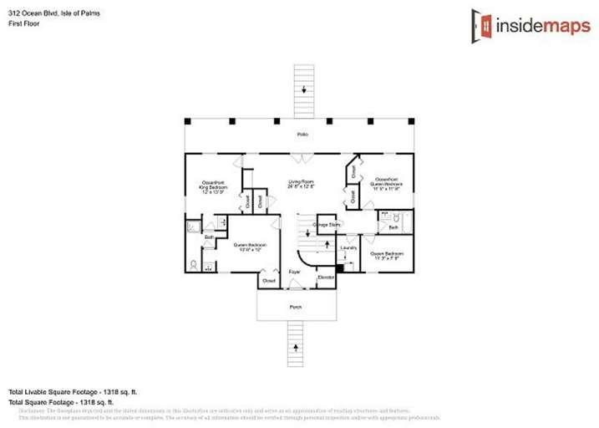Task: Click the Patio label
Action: tap(302, 135)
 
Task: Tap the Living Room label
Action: tap(301, 184)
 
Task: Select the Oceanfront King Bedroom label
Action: tap(213, 186)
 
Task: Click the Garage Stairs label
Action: tap(326, 225)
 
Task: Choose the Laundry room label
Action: tap(349, 247)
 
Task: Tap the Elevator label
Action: tap(326, 277)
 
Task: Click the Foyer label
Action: tap(294, 273)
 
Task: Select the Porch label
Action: tap(295, 307)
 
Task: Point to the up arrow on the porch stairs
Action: tap(294, 346)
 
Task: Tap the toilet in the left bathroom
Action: tap(194, 265)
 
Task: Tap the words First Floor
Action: tap(23, 23)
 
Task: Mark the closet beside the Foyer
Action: tap(268, 281)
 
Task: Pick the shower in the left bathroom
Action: tap(192, 226)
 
